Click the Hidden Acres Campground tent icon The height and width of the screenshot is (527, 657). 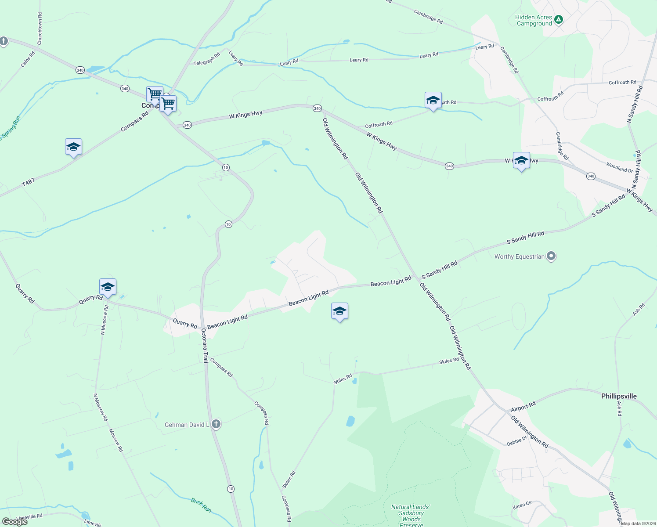558,19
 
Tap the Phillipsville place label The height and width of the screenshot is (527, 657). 618,396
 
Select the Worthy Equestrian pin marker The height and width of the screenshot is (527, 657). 552,256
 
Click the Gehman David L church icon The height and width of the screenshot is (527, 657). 216,424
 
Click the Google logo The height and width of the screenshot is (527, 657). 15,521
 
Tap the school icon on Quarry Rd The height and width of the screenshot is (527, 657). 108,287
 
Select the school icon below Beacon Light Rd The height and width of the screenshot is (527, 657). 339,311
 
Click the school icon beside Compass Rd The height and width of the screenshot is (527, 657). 73,147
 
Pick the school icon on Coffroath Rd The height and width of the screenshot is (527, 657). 433,101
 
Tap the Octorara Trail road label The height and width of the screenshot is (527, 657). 205,346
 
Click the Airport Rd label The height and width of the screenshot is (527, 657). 523,407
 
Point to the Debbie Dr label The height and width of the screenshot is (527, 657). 516,441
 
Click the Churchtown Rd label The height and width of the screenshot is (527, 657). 40,32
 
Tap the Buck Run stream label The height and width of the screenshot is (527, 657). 201,505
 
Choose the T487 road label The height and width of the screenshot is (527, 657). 28,182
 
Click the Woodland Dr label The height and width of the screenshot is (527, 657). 619,167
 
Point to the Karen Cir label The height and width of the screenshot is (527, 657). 522,505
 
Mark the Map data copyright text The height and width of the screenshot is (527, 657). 638,523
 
